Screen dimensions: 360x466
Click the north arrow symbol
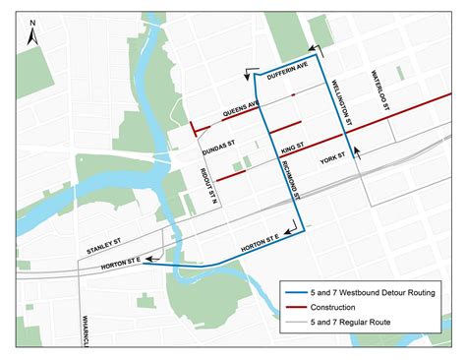tap(32, 31)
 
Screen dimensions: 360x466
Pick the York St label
tap(333, 159)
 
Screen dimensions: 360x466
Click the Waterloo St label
tap(380, 90)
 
